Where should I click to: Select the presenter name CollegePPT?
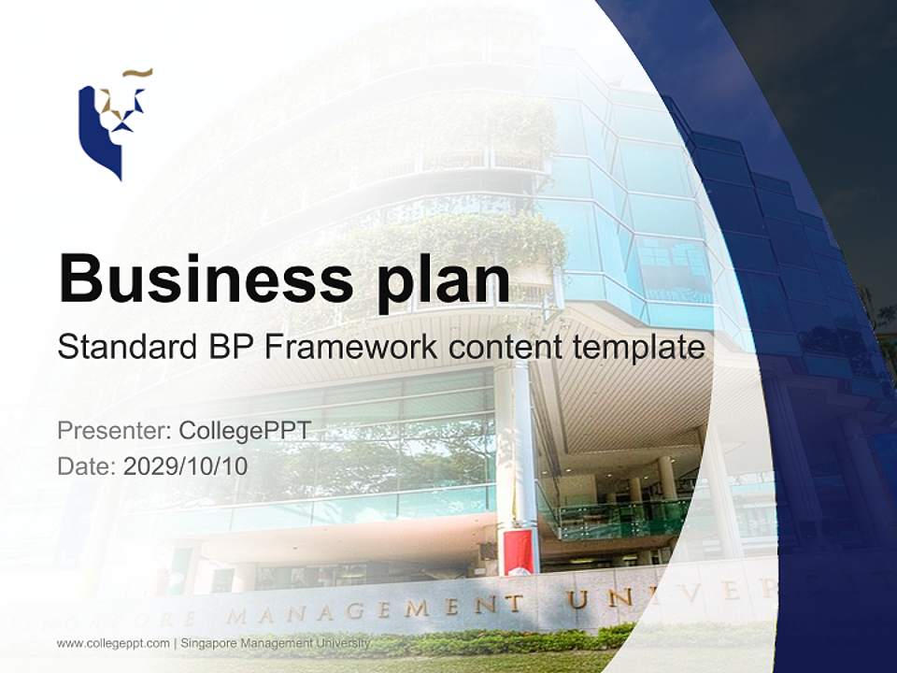click(x=245, y=431)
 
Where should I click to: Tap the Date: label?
click(x=87, y=465)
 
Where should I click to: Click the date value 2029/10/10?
click(x=186, y=465)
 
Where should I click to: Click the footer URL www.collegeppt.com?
click(x=113, y=643)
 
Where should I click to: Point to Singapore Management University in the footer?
click(x=275, y=643)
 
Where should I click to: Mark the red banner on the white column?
click(x=516, y=551)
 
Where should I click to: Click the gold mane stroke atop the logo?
click(x=137, y=72)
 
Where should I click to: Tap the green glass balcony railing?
click(x=617, y=517)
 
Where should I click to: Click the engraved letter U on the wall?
click(x=579, y=598)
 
